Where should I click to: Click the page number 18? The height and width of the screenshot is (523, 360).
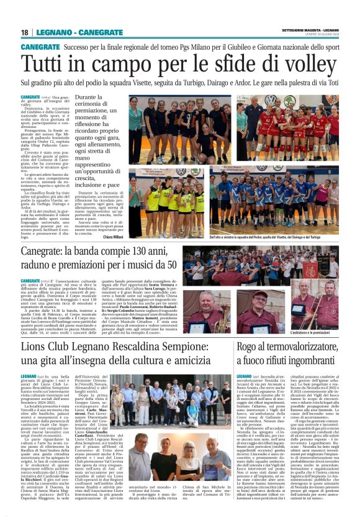click(x=25, y=32)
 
